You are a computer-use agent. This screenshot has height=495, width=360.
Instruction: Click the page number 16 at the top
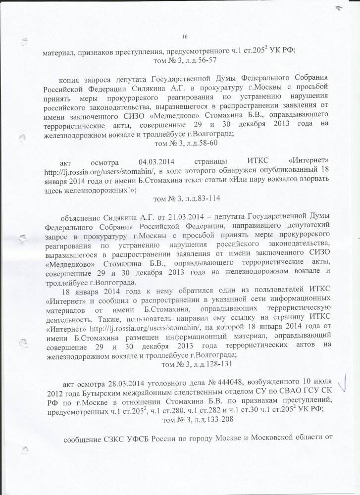pos(185,36)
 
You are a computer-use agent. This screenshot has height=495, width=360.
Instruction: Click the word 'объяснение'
pos(80,217)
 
